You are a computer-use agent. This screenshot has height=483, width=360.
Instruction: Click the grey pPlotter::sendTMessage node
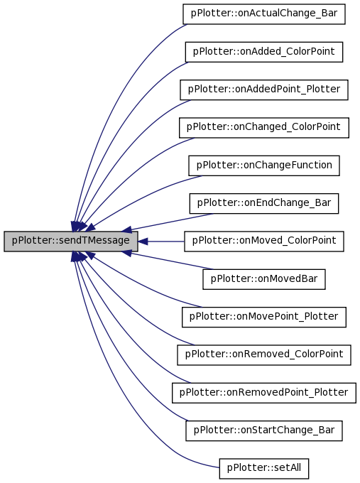[71, 241]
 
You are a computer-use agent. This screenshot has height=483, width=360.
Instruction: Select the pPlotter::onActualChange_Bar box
[264, 14]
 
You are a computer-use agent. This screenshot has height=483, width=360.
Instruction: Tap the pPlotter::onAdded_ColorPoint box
[264, 52]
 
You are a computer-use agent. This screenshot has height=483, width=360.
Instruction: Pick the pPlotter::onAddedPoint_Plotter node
[264, 90]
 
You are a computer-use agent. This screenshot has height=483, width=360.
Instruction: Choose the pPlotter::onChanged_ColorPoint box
[264, 128]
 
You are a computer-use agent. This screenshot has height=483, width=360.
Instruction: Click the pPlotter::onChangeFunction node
[264, 165]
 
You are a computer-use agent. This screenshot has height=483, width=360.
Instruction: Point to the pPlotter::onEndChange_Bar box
[264, 204]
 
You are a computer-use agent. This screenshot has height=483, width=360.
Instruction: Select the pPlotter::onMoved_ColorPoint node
[264, 241]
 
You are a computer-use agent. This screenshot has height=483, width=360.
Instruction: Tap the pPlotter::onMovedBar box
[264, 279]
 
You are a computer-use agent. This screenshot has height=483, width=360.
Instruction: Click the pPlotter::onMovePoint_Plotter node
[264, 318]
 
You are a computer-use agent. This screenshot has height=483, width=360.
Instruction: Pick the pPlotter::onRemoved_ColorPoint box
[264, 355]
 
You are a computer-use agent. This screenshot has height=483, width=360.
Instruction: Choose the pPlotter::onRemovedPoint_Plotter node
[264, 393]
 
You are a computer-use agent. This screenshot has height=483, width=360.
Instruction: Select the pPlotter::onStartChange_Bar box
[264, 430]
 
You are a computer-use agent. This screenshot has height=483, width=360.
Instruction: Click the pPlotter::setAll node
[264, 469]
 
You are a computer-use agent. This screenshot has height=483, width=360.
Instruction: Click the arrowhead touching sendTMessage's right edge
[142, 241]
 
